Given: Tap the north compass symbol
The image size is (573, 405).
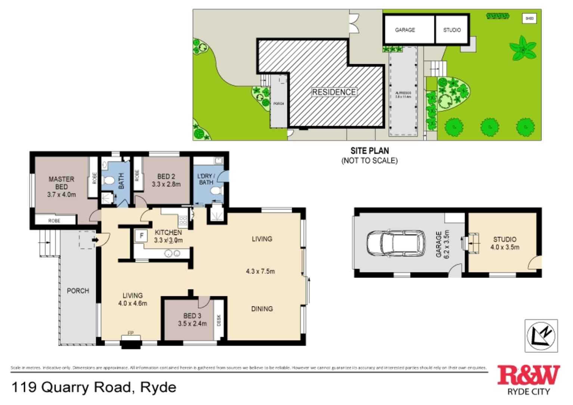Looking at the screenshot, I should pos(541,336).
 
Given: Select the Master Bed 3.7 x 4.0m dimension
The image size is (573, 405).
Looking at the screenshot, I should pos(61,195).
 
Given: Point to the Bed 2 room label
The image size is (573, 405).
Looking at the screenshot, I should pos(166,176).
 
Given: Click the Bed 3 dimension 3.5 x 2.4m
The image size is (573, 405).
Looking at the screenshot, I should pos(192,324).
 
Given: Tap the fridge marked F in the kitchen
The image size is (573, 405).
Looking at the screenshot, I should pos(142,236).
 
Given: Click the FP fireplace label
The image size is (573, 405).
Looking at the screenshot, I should pos(131,333).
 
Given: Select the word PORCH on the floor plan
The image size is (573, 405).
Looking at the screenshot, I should pos(78,291).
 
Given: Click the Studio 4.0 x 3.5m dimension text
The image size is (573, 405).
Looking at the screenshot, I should pos(505,247).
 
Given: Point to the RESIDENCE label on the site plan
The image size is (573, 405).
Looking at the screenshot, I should pos(334,92).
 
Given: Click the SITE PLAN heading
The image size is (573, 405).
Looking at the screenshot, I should pos(369,151).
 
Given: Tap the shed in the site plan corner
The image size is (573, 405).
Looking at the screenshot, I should pos(529,18).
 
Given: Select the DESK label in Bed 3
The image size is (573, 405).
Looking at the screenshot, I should pos(219,320).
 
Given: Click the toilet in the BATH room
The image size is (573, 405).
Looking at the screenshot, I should pos(109,181).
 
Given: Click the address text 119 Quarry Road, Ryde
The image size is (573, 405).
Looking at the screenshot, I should pos(94,387).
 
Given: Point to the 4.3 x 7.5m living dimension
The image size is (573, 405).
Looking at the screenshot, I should pos(260,271).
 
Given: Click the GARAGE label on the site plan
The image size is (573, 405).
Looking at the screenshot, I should pos(405,30).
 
